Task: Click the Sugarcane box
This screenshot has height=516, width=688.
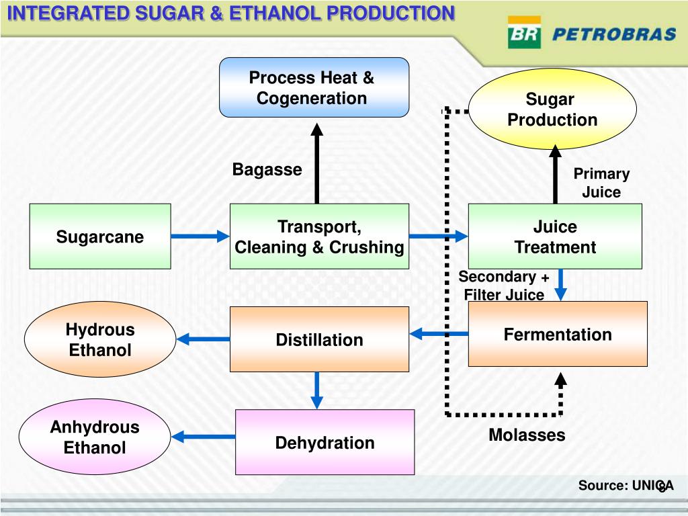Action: tap(100, 236)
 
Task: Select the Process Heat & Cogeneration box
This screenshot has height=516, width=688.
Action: tap(314, 87)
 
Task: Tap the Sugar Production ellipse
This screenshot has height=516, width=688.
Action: tap(552, 109)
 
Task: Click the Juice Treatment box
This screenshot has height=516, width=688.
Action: tap(555, 236)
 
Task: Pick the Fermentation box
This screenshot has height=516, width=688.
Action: tap(558, 334)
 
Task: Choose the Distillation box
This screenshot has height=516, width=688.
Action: tap(319, 339)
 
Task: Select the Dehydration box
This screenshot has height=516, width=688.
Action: tap(325, 442)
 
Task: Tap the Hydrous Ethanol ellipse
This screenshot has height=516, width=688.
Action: tap(100, 339)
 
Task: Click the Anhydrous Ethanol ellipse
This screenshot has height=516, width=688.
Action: tap(95, 437)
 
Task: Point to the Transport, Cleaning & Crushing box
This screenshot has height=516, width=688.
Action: tap(319, 236)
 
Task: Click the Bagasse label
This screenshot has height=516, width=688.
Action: tap(267, 169)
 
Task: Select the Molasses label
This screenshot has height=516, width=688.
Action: tap(527, 435)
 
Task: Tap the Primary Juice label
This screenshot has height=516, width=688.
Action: tap(601, 183)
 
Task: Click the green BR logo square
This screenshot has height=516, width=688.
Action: tap(524, 32)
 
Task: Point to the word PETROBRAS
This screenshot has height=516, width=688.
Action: tap(614, 34)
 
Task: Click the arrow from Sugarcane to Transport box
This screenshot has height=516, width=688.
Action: tap(200, 236)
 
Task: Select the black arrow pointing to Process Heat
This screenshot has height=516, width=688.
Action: tap(317, 163)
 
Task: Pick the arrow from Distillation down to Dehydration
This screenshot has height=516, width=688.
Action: tap(317, 390)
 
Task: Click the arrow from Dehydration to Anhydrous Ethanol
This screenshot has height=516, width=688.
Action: tap(203, 437)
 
